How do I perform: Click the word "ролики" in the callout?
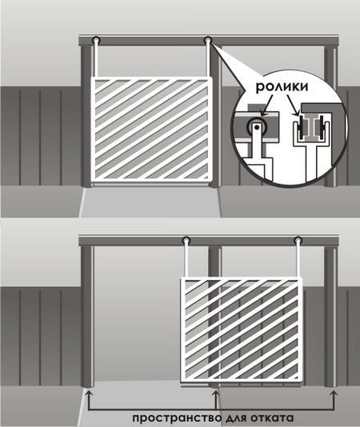click(x=282, y=86)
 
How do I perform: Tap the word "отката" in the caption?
click(x=270, y=417)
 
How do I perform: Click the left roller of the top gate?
click(x=96, y=40)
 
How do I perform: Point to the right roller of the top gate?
click(x=208, y=40)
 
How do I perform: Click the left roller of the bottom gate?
click(x=186, y=241)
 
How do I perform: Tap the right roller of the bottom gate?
click(x=298, y=241)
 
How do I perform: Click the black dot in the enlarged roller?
click(x=257, y=126)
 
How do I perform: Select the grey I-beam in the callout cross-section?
click(x=310, y=127)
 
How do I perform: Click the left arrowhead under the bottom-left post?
click(x=88, y=393)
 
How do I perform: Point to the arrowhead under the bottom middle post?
click(x=215, y=393)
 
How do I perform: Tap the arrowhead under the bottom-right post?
click(x=334, y=393)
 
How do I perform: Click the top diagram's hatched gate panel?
click(x=151, y=130)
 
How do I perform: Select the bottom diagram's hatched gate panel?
click(x=242, y=329)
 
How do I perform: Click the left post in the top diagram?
click(x=86, y=116)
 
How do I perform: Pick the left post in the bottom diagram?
click(x=87, y=317)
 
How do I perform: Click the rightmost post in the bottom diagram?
click(x=331, y=317)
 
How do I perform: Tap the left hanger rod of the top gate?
click(x=96, y=61)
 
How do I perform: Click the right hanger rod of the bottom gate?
click(x=298, y=261)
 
